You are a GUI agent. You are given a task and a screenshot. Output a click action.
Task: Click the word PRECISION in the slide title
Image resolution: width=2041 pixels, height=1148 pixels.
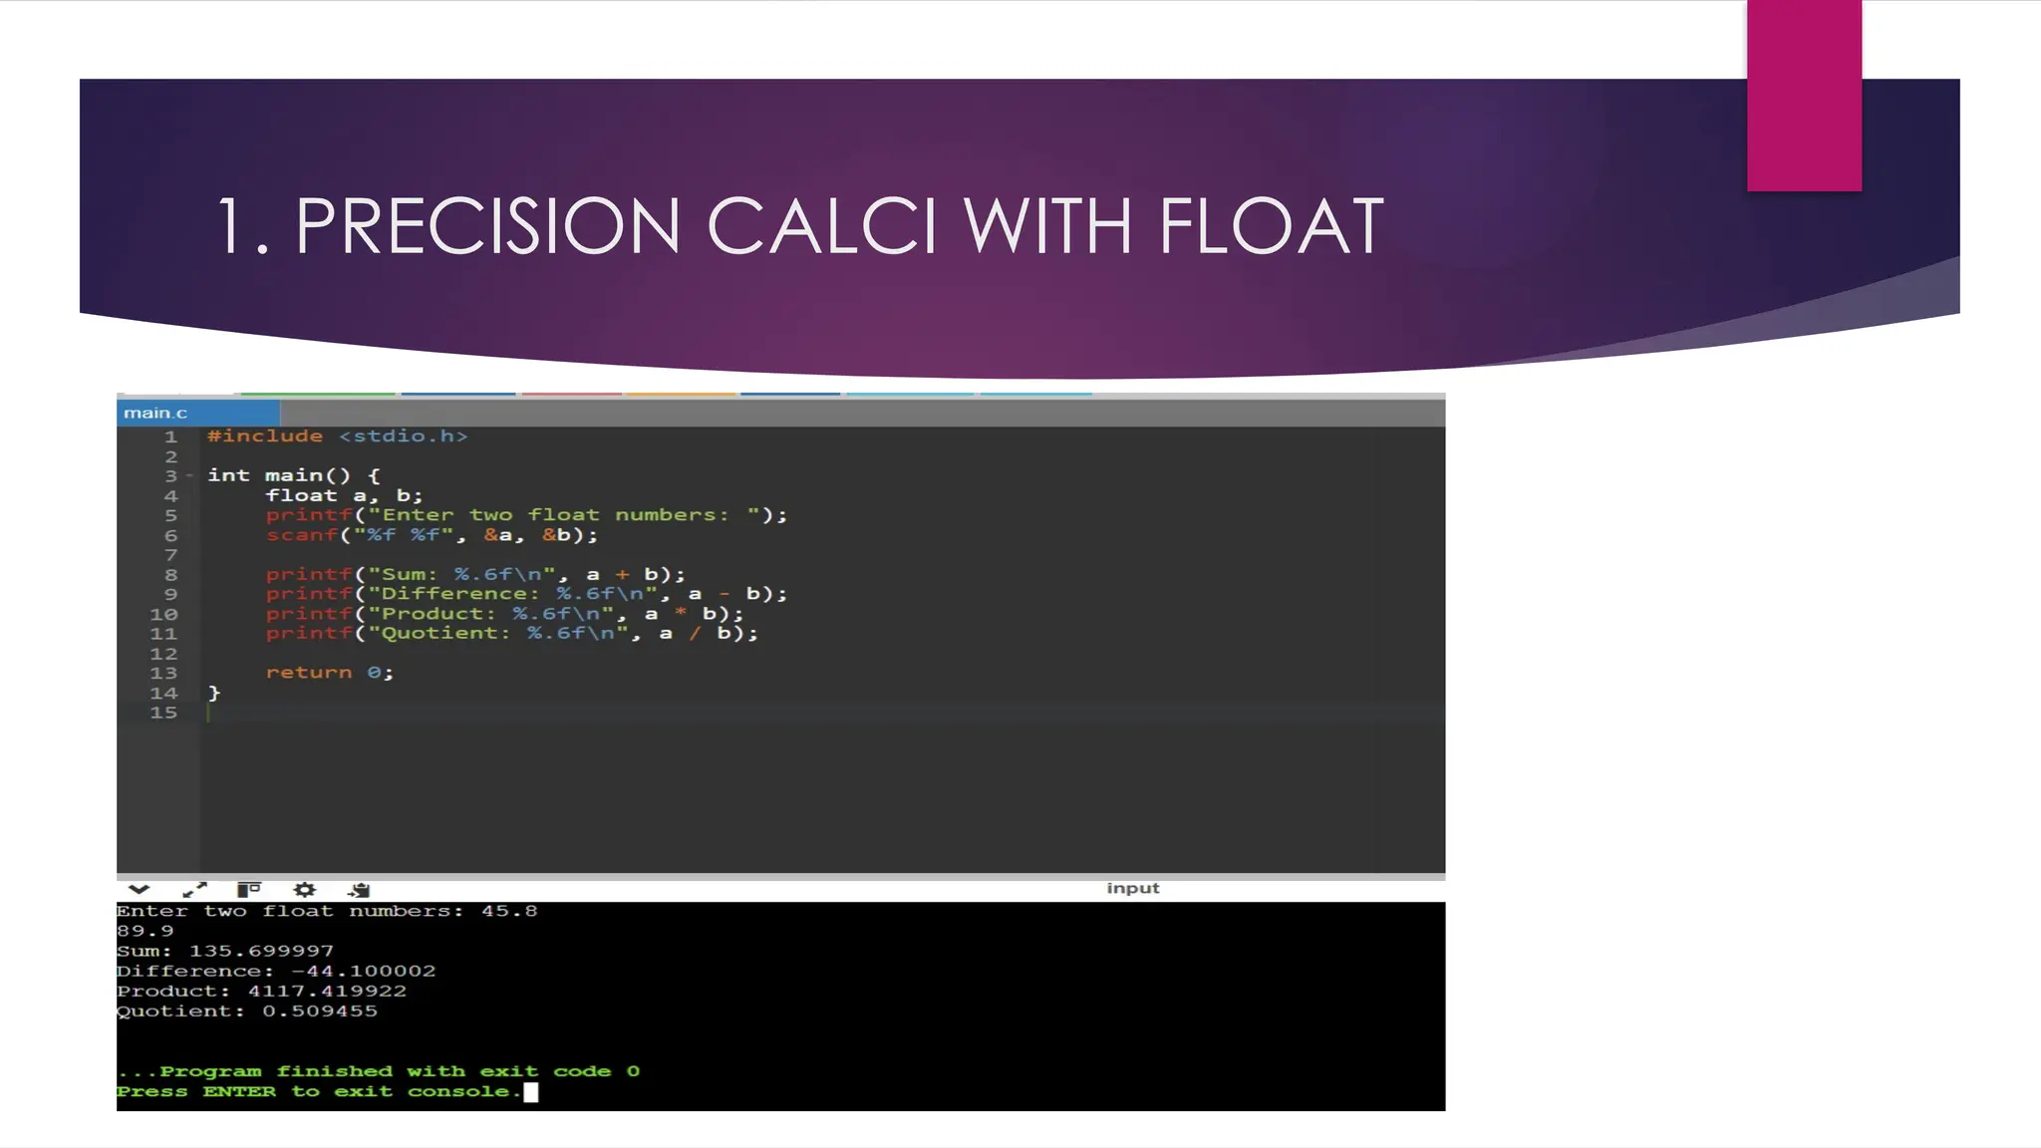pyautogui.click(x=487, y=226)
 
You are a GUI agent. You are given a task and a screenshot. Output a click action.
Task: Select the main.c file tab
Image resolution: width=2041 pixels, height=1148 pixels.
pyautogui.click(x=155, y=413)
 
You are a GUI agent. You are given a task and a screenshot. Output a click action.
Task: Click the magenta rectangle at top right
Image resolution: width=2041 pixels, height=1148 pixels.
pyautogui.click(x=1804, y=95)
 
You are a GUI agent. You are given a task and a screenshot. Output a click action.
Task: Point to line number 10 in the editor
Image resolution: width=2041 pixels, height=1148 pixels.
pyautogui.click(x=163, y=614)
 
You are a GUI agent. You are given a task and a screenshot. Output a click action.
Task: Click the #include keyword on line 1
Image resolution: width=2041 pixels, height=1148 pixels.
pyautogui.click(x=264, y=436)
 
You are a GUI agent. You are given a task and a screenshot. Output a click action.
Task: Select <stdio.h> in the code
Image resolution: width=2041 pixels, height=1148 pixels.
pyautogui.click(x=403, y=436)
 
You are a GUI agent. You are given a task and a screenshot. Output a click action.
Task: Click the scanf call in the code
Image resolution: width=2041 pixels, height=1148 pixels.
pyautogui.click(x=301, y=535)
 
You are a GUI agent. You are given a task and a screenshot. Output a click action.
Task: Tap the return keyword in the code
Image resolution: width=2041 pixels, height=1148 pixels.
pyautogui.click(x=308, y=673)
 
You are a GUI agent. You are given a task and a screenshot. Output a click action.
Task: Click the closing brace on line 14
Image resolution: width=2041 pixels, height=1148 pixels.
pyautogui.click(x=214, y=693)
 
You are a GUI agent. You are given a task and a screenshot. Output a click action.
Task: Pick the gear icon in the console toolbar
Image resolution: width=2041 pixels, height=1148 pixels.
pyautogui.click(x=304, y=889)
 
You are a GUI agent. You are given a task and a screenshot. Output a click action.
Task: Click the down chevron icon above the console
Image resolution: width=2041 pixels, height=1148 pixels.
pyautogui.click(x=139, y=889)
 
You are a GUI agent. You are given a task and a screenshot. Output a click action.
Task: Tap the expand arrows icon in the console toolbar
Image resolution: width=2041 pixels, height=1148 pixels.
pyautogui.click(x=194, y=889)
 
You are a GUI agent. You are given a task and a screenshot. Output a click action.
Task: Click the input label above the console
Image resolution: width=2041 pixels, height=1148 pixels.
pyautogui.click(x=1132, y=888)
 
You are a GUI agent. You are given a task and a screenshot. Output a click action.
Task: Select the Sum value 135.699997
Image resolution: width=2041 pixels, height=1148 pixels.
pyautogui.click(x=261, y=951)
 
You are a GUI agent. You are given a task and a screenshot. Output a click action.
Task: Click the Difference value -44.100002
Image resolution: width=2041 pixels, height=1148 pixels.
pyautogui.click(x=363, y=971)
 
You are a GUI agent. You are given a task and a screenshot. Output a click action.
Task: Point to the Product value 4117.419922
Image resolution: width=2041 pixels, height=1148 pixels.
pyautogui.click(x=327, y=991)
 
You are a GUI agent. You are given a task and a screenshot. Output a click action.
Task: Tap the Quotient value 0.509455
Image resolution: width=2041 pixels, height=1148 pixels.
pyautogui.click(x=320, y=1010)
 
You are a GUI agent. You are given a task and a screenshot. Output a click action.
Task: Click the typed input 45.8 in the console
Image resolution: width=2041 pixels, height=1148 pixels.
pyautogui.click(x=508, y=911)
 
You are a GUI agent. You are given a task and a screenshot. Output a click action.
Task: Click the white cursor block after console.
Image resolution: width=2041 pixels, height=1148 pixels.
pyautogui.click(x=531, y=1092)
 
